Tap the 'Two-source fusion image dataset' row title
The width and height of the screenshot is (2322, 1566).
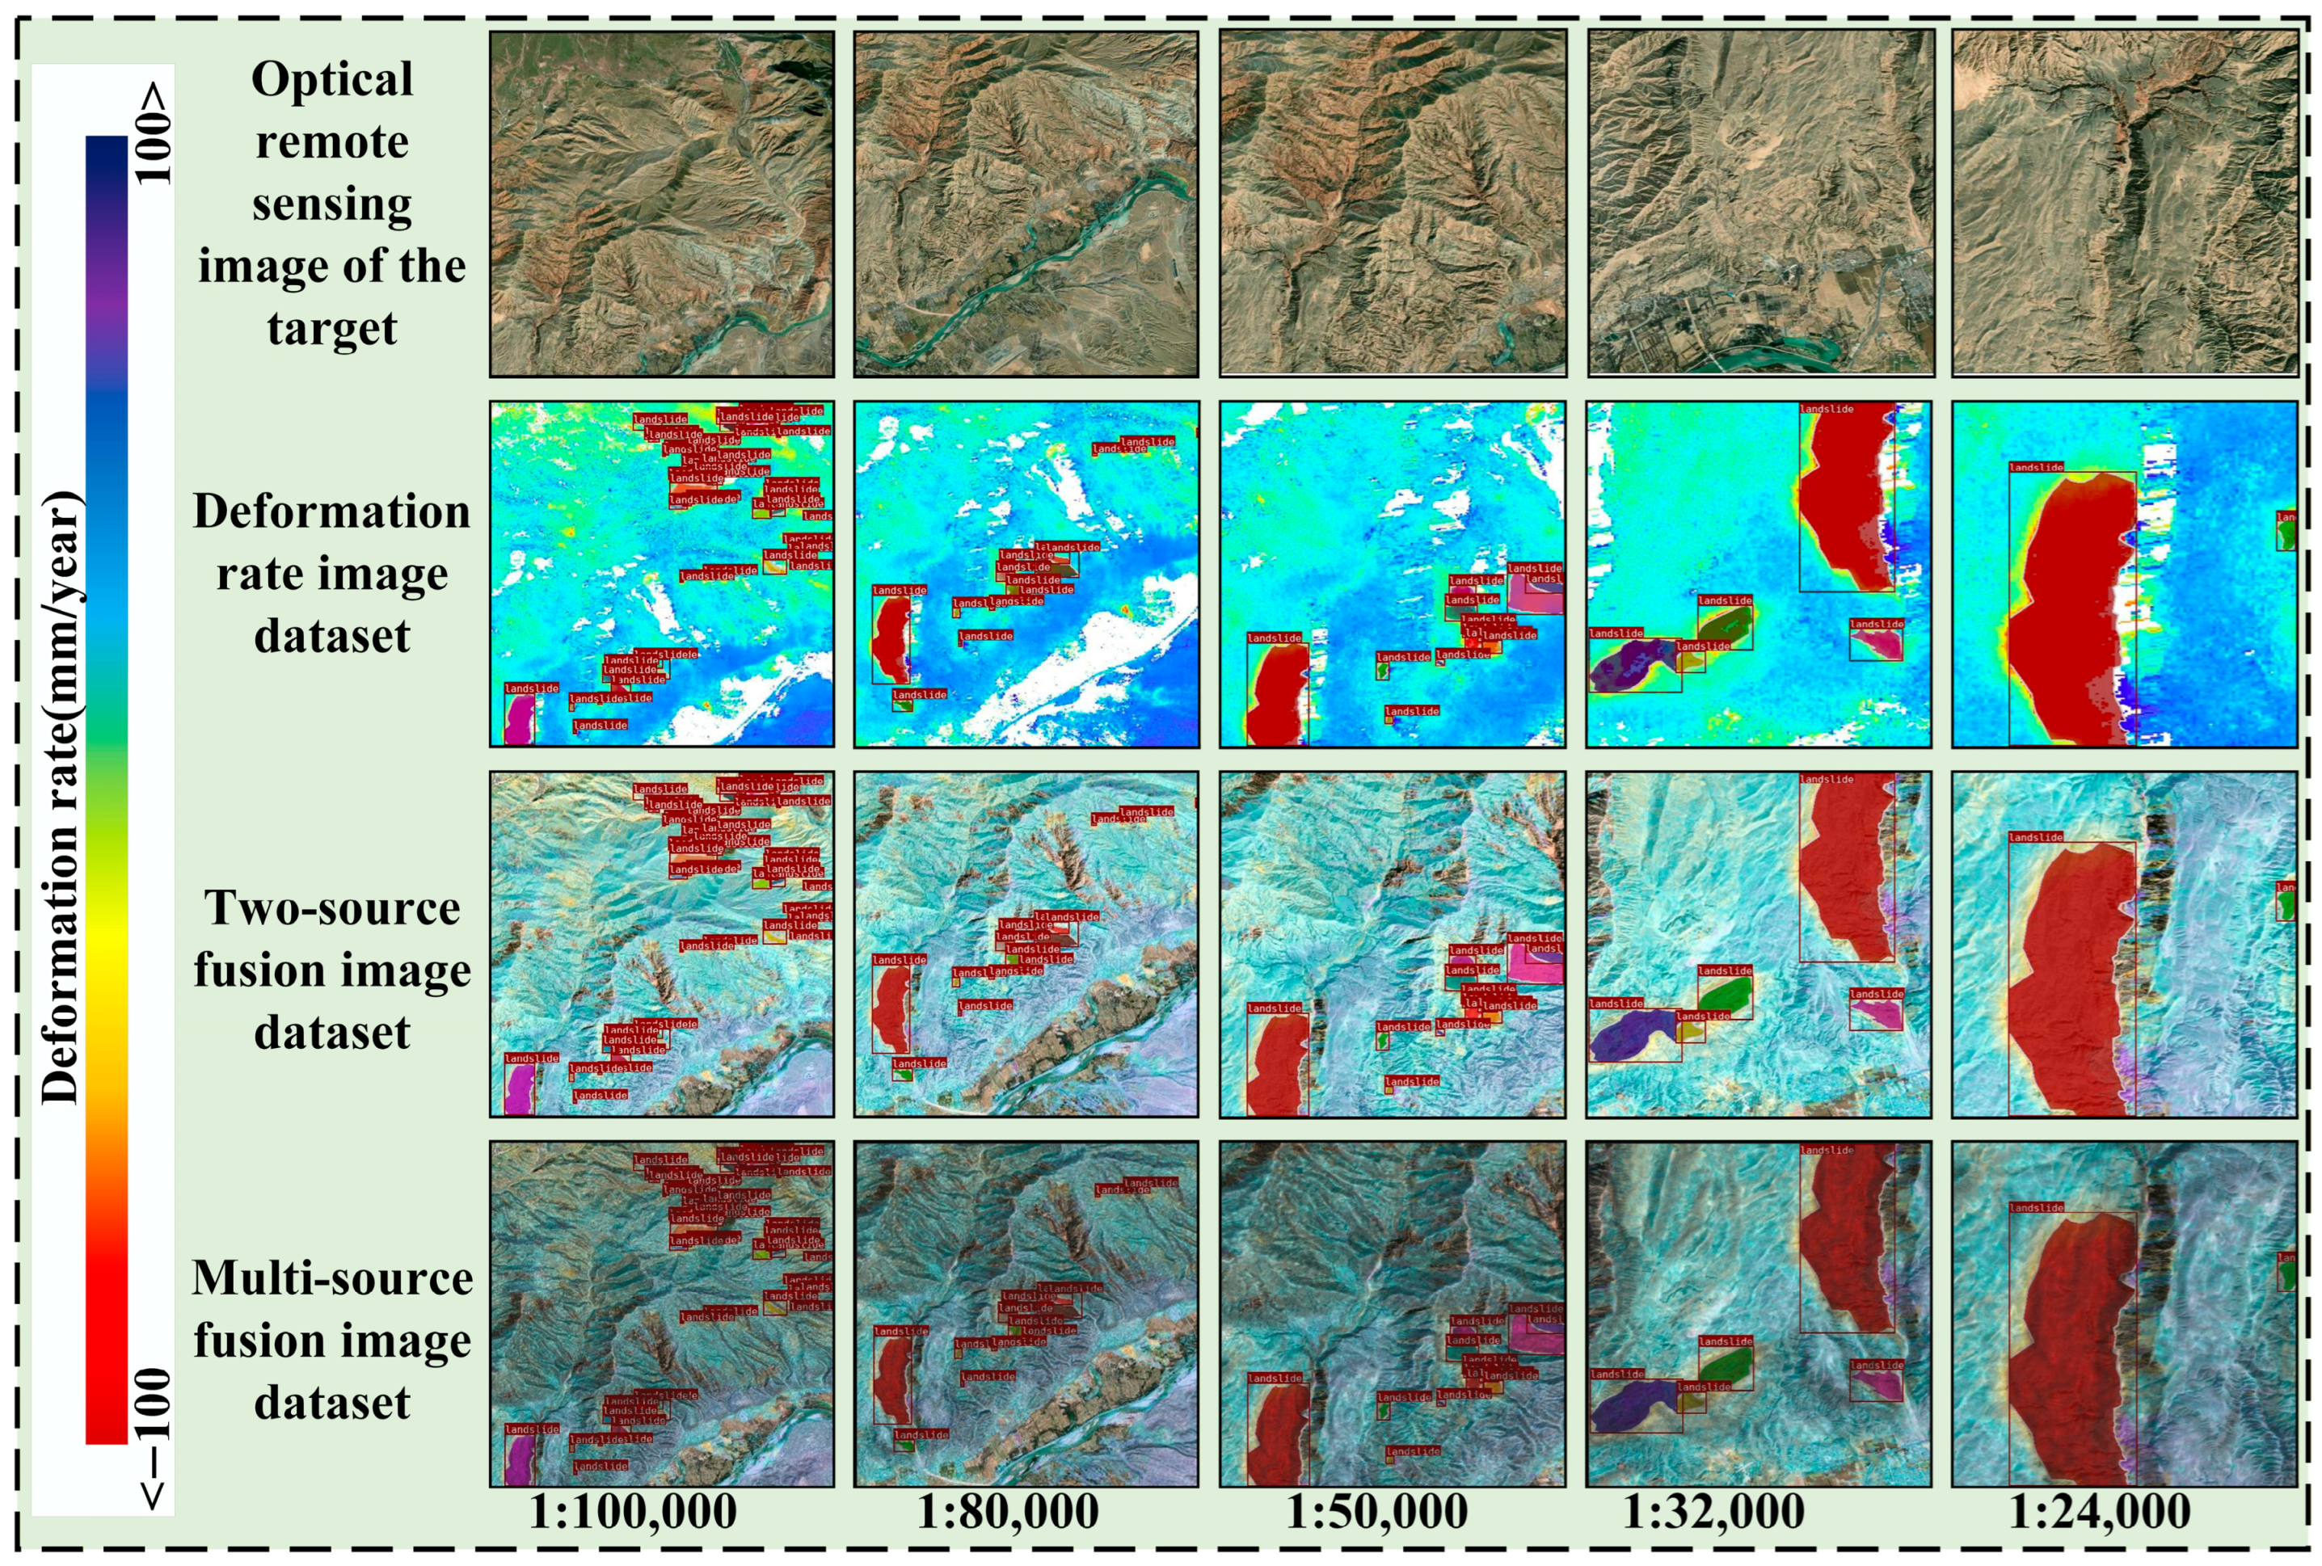pos(331,970)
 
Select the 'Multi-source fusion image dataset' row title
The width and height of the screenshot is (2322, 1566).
pos(331,1341)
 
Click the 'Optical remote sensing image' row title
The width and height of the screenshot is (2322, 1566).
pos(331,204)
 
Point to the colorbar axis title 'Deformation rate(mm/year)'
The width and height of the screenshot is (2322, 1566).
pos(62,799)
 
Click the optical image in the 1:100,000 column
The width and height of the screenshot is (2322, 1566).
pos(661,204)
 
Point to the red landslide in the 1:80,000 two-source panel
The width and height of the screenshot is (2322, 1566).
pos(889,1008)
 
